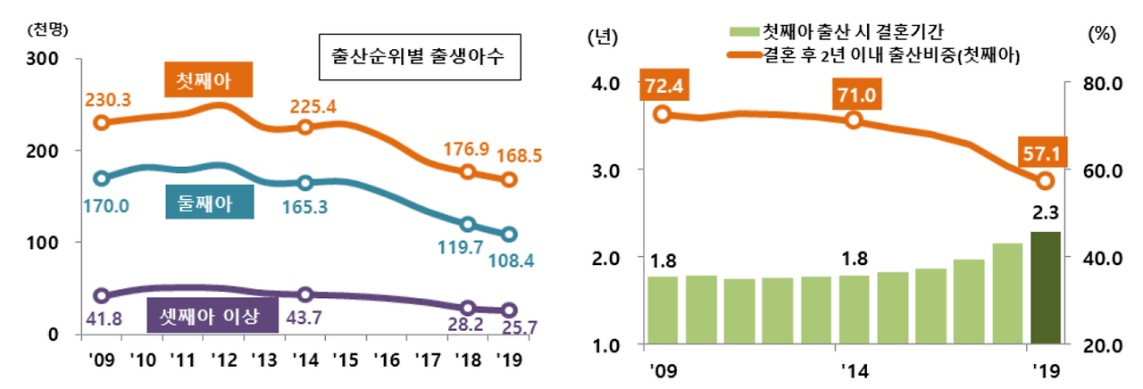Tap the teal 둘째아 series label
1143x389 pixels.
click(x=210, y=203)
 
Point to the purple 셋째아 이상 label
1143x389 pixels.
click(x=213, y=318)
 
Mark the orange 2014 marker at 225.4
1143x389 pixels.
click(x=305, y=127)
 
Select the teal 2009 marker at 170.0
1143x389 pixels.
click(x=102, y=178)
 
